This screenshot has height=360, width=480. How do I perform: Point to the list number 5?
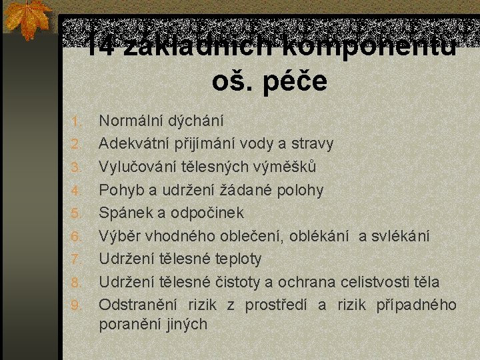[x=76, y=213]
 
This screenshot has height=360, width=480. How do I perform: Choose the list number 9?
[x=76, y=305]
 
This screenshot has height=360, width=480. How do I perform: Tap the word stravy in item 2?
[x=311, y=144]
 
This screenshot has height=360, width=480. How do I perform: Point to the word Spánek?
[x=123, y=213]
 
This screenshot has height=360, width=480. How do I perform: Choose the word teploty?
[x=237, y=259]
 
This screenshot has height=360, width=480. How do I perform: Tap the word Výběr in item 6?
[x=117, y=236]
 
